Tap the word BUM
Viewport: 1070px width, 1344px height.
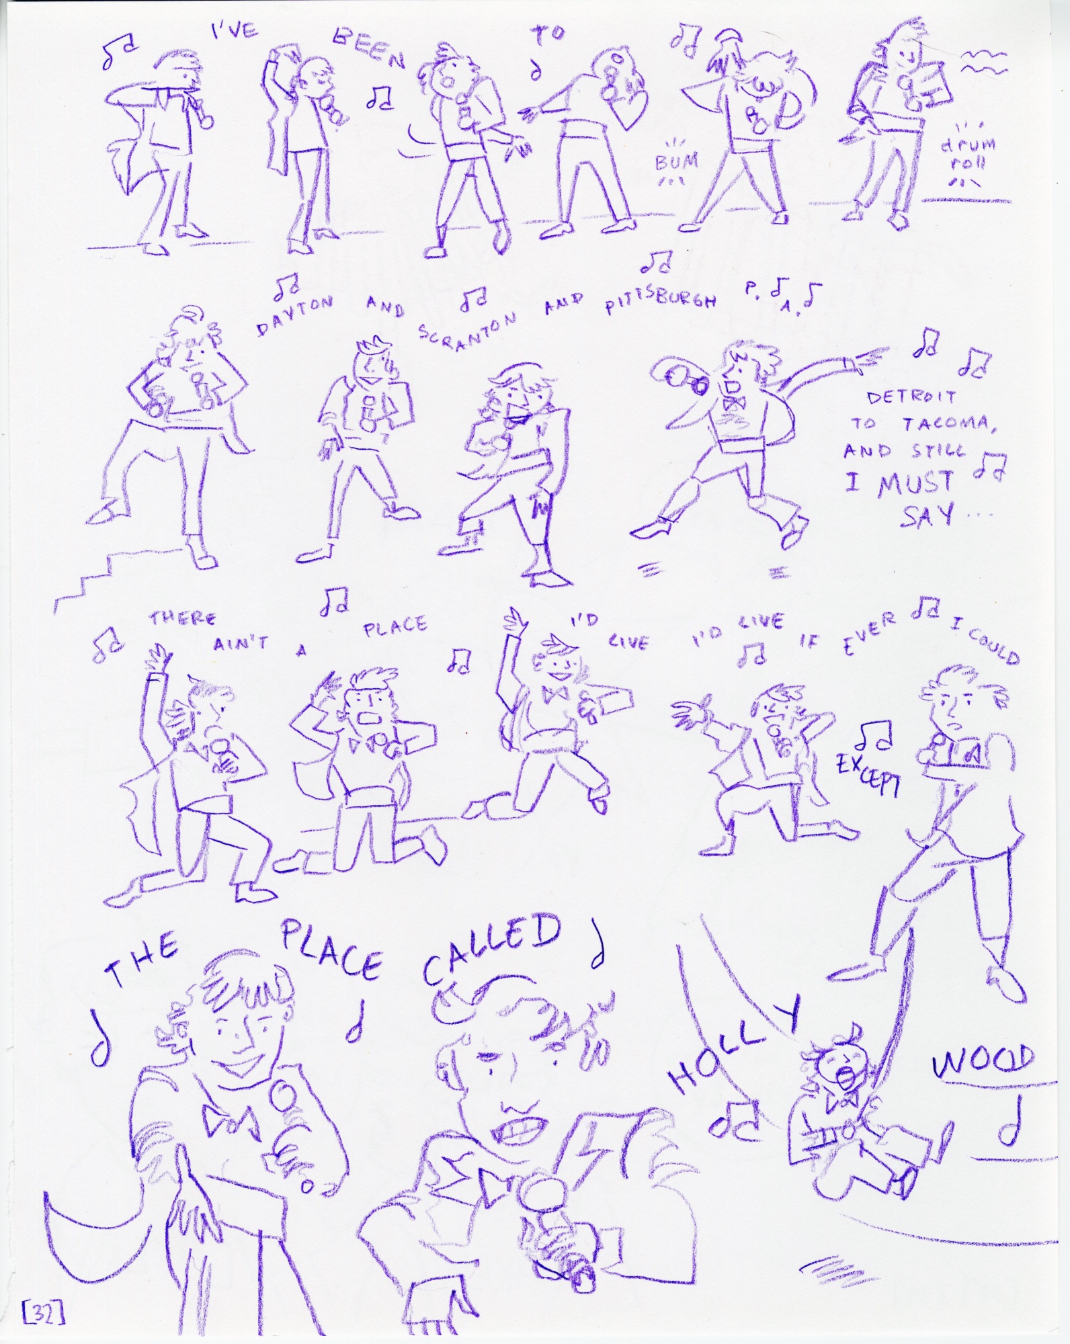(676, 161)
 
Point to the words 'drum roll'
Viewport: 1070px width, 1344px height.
(969, 154)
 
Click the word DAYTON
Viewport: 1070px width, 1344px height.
(295, 317)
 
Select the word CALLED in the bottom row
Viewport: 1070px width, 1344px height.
(492, 946)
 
